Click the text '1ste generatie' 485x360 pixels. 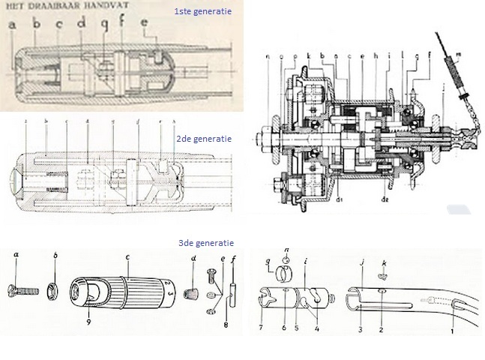tap(202, 12)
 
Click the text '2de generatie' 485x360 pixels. tap(202, 139)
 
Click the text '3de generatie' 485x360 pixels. tap(204, 243)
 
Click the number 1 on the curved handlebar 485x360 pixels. tap(452, 330)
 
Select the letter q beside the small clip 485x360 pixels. tap(269, 262)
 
